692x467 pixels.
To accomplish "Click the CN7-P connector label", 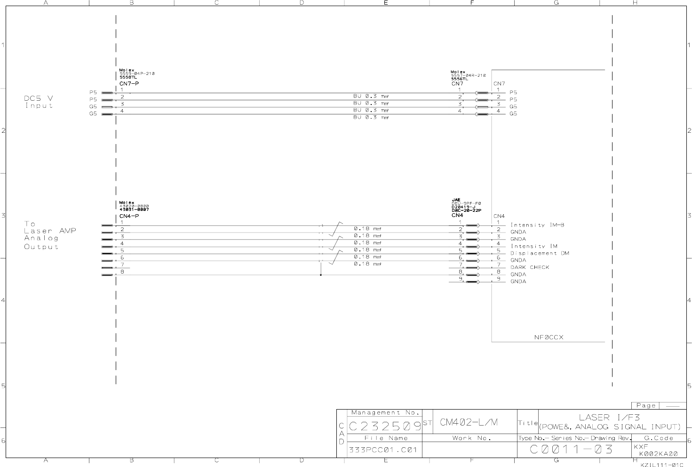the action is [x=129, y=84].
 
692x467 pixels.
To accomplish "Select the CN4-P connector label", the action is [x=129, y=216].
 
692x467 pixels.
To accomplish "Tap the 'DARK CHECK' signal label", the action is [x=530, y=267].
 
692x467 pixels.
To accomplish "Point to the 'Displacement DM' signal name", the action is [x=540, y=253].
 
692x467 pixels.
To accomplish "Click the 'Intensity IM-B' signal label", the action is [x=537, y=225].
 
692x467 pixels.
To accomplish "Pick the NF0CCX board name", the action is [x=549, y=338].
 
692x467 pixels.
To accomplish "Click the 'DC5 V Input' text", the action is [x=39, y=102].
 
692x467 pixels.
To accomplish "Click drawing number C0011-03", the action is [x=572, y=450].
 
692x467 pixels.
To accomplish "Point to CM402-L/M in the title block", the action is [x=469, y=422].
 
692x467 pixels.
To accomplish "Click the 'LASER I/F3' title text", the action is [x=609, y=417].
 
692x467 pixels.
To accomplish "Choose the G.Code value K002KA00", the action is [x=658, y=454].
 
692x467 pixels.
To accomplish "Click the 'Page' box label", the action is [x=645, y=405].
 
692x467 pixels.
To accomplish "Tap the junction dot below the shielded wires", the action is [x=321, y=275].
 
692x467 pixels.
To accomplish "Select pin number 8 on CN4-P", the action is [x=122, y=272].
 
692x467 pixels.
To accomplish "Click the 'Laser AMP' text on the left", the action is [x=50, y=231].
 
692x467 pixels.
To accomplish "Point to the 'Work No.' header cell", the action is [x=471, y=438].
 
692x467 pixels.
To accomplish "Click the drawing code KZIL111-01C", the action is [x=661, y=465].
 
